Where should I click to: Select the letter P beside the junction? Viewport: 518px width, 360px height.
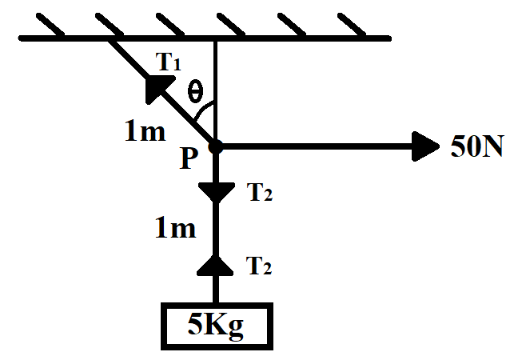(x=189, y=159)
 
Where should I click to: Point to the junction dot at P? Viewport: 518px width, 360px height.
(x=215, y=146)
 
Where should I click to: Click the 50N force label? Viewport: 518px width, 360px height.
(x=476, y=148)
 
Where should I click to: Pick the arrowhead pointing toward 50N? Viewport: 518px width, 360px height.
(x=424, y=146)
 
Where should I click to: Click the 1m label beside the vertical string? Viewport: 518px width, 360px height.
(x=175, y=230)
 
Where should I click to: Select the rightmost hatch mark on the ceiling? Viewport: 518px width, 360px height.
(x=349, y=25)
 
